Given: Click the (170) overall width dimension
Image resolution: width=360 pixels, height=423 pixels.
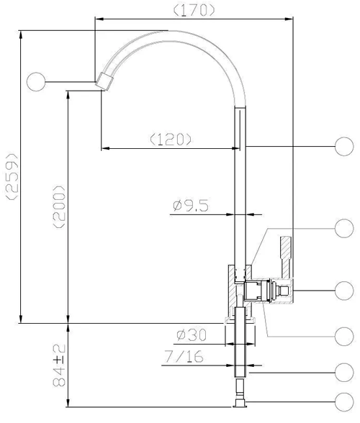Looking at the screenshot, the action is tap(194, 11).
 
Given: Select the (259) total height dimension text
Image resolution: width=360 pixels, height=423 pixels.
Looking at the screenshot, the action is tap(12, 176).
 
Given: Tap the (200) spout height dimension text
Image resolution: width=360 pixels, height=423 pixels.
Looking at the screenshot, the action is tap(60, 207).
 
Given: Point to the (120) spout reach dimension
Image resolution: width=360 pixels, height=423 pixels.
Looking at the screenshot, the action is tap(171, 140).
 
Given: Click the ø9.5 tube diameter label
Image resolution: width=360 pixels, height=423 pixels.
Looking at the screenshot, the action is tap(191, 206).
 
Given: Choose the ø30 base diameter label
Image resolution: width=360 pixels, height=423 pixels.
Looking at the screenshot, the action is tap(192, 335).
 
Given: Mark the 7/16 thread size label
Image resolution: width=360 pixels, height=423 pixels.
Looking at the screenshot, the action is tap(184, 356).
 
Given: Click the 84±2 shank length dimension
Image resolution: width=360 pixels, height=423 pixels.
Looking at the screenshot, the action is tap(60, 365).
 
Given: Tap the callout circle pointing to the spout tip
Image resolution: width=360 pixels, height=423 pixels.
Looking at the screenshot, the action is tap(36, 82).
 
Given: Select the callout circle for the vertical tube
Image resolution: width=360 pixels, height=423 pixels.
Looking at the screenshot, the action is tap(344, 147).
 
